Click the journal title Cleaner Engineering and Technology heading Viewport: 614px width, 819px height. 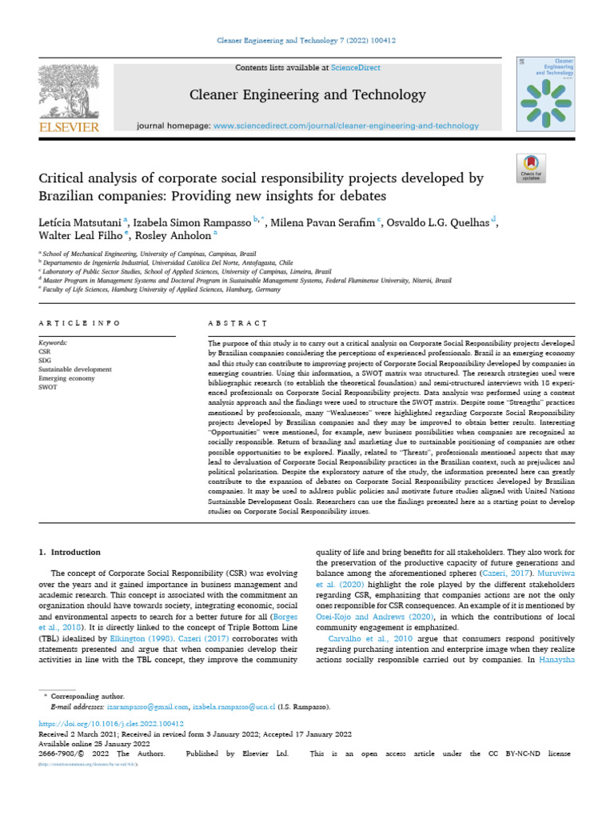coord(308,95)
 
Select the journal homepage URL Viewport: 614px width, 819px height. coord(346,126)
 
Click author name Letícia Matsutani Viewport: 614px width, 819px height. coord(77,222)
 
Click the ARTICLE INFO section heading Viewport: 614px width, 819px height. coord(80,323)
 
